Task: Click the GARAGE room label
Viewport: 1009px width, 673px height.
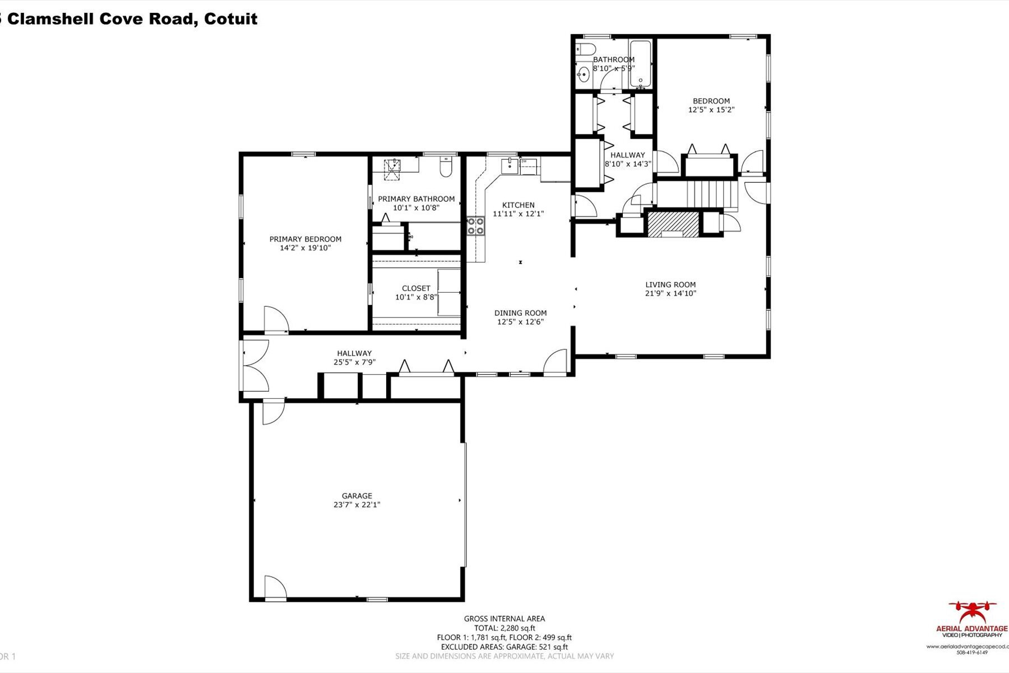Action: [x=357, y=496]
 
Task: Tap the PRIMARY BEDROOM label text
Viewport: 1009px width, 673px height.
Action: [x=305, y=239]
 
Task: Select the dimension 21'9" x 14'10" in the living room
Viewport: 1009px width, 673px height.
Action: [x=670, y=293]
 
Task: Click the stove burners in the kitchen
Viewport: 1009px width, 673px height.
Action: [x=475, y=226]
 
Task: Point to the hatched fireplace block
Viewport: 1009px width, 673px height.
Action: [x=673, y=223]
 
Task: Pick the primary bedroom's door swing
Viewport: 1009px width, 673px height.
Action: [x=276, y=320]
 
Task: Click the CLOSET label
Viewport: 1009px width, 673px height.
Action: [x=416, y=288]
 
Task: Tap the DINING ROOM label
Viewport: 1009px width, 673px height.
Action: [x=520, y=313]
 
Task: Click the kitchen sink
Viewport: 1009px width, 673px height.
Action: [x=510, y=166]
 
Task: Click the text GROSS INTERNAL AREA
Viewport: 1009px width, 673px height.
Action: [x=504, y=619]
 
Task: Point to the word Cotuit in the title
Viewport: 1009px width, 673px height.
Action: [x=230, y=19]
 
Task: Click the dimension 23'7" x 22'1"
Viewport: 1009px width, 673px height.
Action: [x=357, y=505]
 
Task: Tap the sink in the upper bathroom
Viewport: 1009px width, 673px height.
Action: [x=584, y=73]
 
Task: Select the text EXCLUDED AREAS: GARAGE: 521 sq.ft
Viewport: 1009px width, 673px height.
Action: [x=504, y=647]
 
